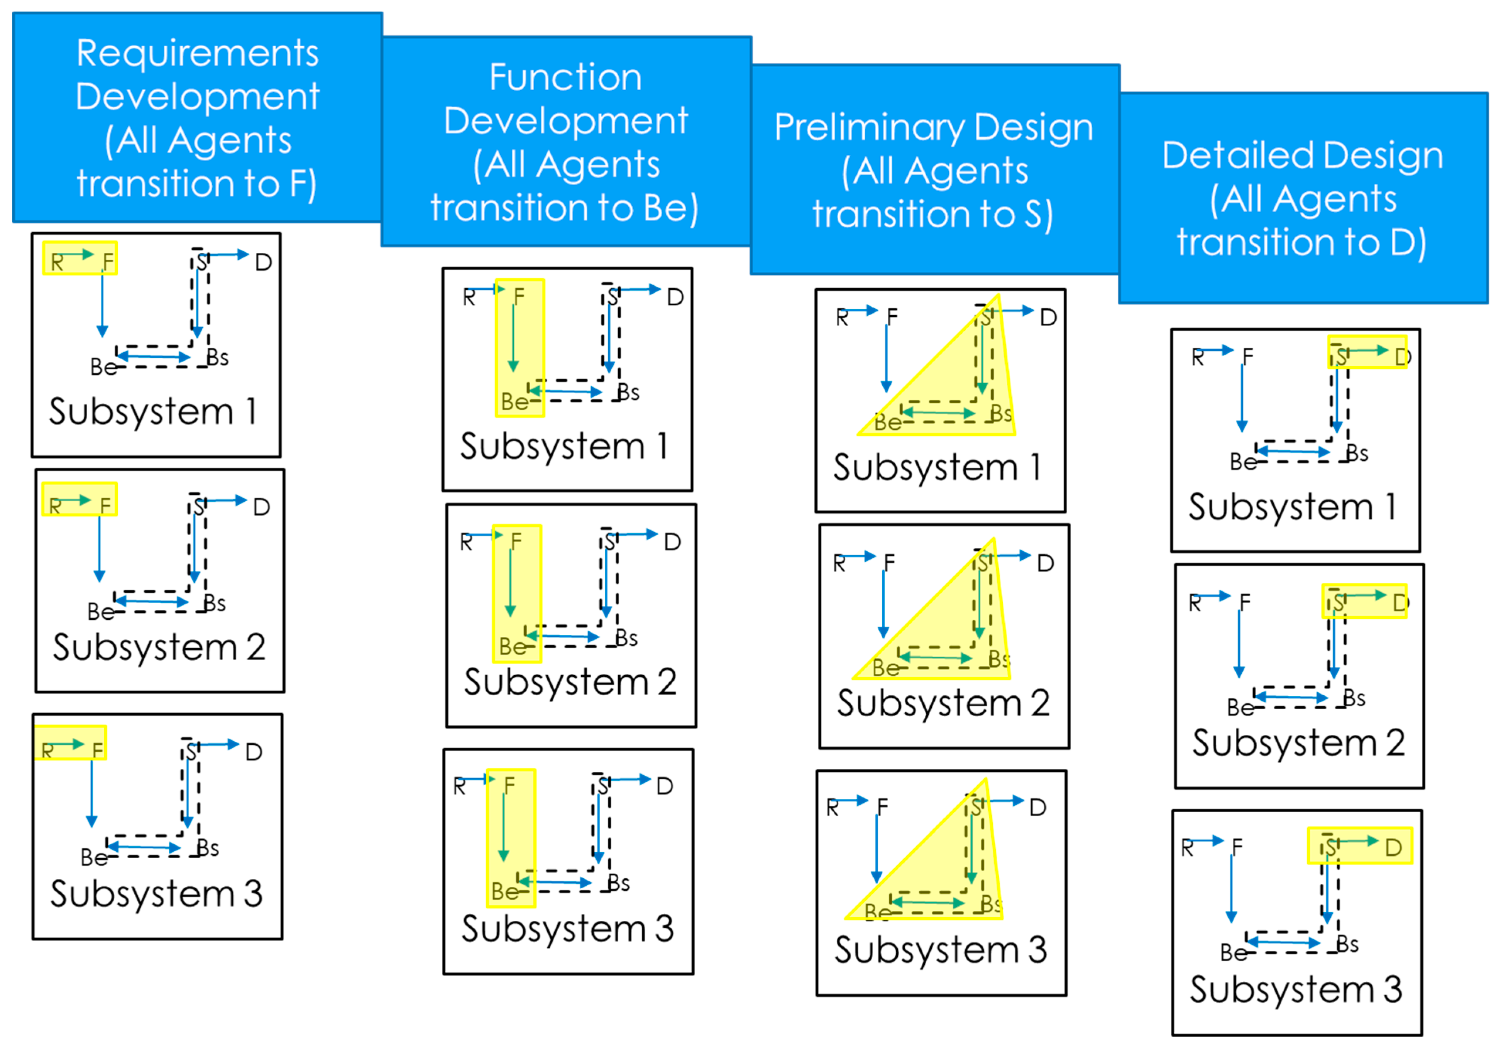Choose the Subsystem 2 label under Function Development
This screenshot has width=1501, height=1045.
pyautogui.click(x=570, y=682)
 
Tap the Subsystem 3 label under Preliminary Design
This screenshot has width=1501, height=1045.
pyautogui.click(x=940, y=950)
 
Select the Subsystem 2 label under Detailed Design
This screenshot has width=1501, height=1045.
pyautogui.click(x=1298, y=743)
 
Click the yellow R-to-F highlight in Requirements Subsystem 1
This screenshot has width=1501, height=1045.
pyautogui.click(x=80, y=258)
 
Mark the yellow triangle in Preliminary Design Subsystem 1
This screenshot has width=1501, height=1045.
pyautogui.click(x=961, y=392)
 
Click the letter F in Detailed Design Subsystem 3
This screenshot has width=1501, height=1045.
pyautogui.click(x=1237, y=848)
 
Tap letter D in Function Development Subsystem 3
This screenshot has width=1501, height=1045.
pyautogui.click(x=665, y=786)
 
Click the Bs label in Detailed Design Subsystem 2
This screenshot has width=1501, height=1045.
pyautogui.click(x=1354, y=698)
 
